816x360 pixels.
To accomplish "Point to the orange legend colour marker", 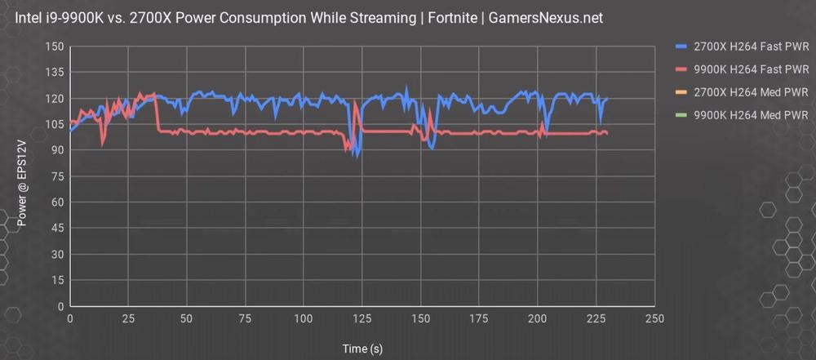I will pyautogui.click(x=682, y=91).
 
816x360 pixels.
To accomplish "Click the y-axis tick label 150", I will pyautogui.click(x=55, y=47).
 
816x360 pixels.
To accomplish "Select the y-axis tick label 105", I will pyautogui.click(x=55, y=124).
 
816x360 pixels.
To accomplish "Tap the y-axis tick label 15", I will pyautogui.click(x=58, y=280).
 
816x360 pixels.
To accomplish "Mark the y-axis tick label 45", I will pyautogui.click(x=58, y=228).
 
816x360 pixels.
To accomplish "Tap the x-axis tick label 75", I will pyautogui.click(x=245, y=318).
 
